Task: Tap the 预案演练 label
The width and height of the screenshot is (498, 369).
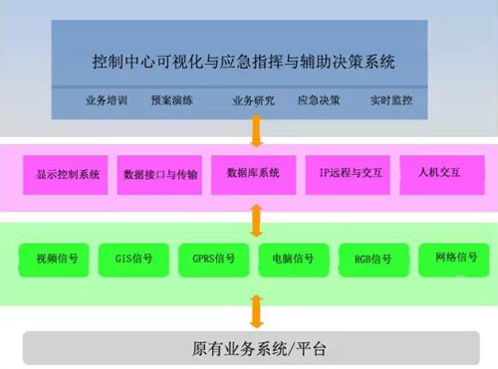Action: click(x=172, y=100)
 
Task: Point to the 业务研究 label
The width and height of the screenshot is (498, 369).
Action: click(x=253, y=100)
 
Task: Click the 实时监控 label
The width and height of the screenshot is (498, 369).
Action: click(x=391, y=100)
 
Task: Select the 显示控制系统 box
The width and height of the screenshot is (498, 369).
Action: click(x=67, y=175)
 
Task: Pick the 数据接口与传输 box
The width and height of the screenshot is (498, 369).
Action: click(x=160, y=175)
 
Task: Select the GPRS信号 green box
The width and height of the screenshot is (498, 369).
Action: click(x=213, y=260)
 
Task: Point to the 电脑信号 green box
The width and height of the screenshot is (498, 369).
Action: click(x=292, y=260)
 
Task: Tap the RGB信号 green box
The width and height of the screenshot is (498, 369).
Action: click(x=373, y=260)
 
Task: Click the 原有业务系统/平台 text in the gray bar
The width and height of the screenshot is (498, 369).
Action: click(x=258, y=349)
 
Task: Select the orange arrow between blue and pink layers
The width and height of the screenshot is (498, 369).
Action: click(x=256, y=129)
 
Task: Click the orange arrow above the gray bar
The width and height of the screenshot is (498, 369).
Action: click(x=256, y=310)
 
